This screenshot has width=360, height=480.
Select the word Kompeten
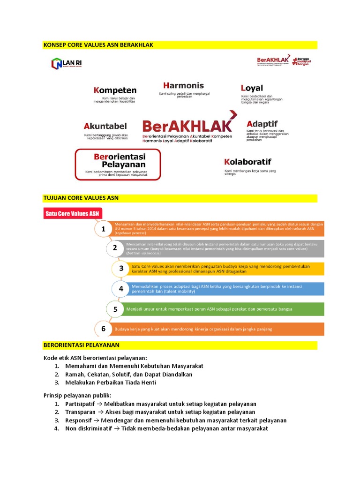(115, 90)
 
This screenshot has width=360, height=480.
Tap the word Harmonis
(183, 85)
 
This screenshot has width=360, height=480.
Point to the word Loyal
(252, 88)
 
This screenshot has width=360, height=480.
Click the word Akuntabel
(105, 126)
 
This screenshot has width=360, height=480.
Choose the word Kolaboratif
(247, 162)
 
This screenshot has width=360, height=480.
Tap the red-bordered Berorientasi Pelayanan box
(118, 165)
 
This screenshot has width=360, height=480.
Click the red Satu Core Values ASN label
(72, 213)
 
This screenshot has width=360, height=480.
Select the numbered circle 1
(103, 229)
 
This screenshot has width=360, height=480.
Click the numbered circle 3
(121, 269)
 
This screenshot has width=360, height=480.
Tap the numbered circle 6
(103, 329)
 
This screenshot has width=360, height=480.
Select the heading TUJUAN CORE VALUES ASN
(81, 198)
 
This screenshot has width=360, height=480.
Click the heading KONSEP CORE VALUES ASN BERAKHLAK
(98, 45)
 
